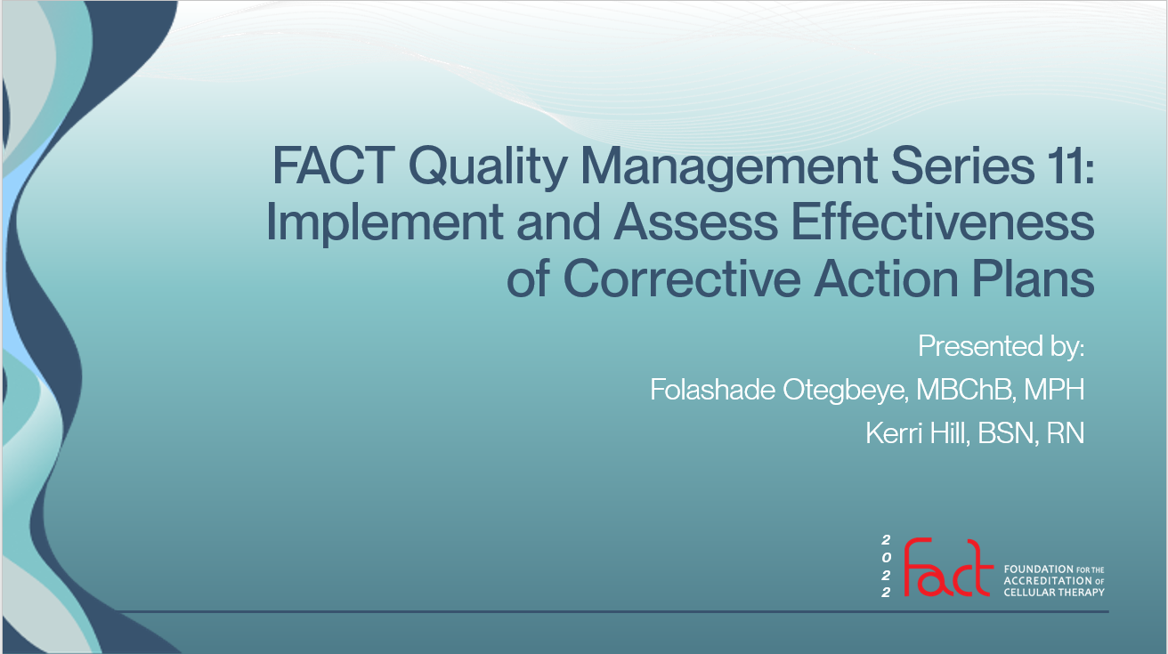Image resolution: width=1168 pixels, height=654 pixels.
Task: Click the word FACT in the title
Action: pyautogui.click(x=333, y=166)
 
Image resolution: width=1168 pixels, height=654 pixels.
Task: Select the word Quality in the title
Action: pyautogui.click(x=488, y=168)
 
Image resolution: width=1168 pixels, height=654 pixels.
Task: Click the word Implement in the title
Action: pyautogui.click(x=384, y=224)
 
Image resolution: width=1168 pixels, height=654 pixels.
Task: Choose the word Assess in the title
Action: pyautogui.click(x=695, y=222)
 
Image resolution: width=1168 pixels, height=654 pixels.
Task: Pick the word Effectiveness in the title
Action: pyautogui.click(x=943, y=222)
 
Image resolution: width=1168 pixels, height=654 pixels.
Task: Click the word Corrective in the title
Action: pyautogui.click(x=682, y=279)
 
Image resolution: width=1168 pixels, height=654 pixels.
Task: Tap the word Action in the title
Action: pyautogui.click(x=886, y=279)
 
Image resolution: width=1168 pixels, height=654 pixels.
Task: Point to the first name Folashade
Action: pyautogui.click(x=712, y=389)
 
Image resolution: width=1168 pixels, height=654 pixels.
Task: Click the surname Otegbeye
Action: pyautogui.click(x=845, y=392)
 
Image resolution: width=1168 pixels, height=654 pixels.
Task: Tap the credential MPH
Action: pyautogui.click(x=1054, y=389)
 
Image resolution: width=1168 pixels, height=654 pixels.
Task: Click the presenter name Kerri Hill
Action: pyautogui.click(x=917, y=433)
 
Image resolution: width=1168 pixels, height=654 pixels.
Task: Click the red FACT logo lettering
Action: pyautogui.click(x=947, y=568)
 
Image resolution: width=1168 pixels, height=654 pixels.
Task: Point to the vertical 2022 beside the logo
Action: pyautogui.click(x=886, y=566)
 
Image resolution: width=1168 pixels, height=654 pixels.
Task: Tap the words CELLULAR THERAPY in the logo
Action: pyautogui.click(x=1054, y=593)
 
